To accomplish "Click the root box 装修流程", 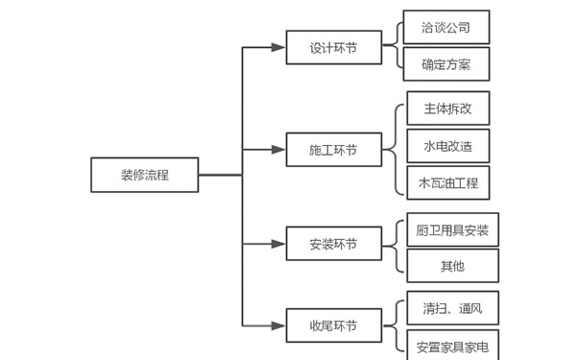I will (146, 175).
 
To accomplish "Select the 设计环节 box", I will (332, 47).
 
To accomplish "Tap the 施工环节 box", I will (332, 150).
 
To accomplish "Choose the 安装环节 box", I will (332, 244).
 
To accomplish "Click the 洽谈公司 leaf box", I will (446, 27).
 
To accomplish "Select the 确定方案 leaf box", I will (446, 64).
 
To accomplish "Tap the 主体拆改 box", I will (447, 108).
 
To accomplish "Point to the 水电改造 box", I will (447, 145).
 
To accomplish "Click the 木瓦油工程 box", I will (447, 181).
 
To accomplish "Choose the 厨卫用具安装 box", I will (451, 229).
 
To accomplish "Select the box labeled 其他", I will (451, 265).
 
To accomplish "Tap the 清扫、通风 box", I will (451, 308).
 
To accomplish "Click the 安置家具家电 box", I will (451, 345).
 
